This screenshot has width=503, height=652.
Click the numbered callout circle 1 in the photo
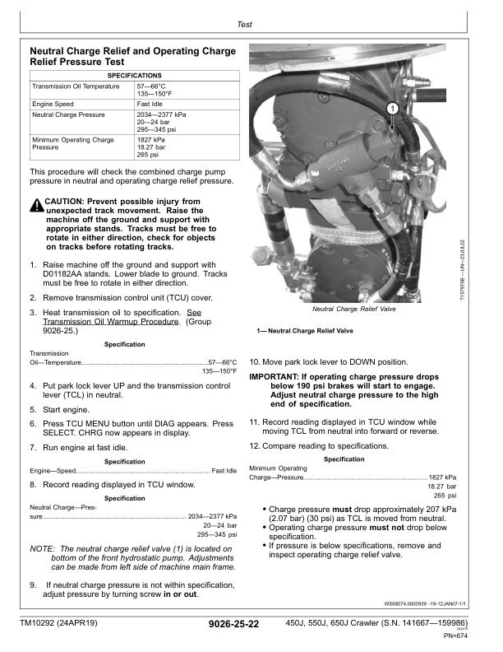(x=393, y=108)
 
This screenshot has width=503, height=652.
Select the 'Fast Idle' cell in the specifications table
(x=150, y=105)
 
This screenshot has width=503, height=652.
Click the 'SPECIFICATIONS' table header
(x=134, y=75)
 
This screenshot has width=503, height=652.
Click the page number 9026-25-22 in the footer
(x=234, y=625)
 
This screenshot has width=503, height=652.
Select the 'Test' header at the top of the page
(x=244, y=26)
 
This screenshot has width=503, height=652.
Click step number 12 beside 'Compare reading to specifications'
(x=255, y=445)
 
